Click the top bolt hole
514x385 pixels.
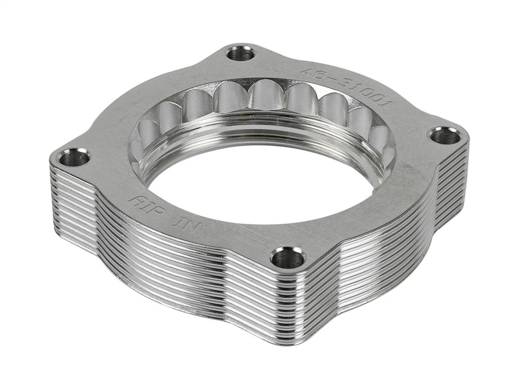pyautogui.click(x=241, y=53)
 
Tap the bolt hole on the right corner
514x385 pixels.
pyautogui.click(x=445, y=135)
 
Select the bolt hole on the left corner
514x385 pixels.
pyautogui.click(x=75, y=157)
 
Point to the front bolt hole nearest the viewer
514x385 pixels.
pyautogui.click(x=287, y=258)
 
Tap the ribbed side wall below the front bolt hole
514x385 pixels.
pyautogui.click(x=283, y=302)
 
